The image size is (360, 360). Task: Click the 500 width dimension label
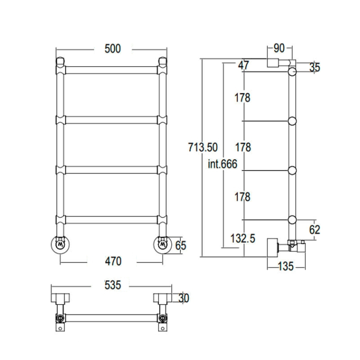tap(112, 49)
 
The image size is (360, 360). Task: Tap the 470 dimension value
tap(113, 261)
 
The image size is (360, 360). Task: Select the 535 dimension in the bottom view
tap(112, 285)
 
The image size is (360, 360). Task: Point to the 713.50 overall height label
tap(203, 147)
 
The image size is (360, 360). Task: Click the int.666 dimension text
tap(222, 164)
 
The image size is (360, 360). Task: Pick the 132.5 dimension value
tap(243, 238)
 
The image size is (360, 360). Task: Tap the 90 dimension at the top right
tap(279, 48)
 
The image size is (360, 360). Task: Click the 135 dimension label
tap(286, 266)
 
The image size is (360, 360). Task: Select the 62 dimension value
tap(315, 229)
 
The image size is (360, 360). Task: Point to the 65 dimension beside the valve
tap(180, 246)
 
